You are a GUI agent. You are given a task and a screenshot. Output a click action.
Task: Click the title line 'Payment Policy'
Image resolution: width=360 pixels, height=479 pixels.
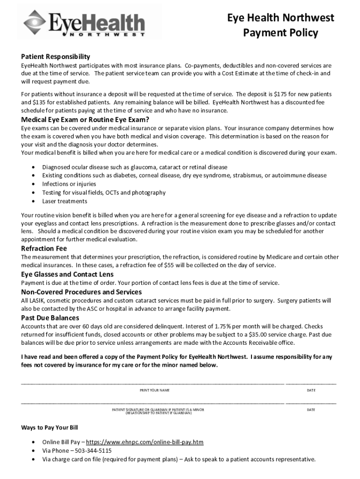pyautogui.click(x=281, y=33)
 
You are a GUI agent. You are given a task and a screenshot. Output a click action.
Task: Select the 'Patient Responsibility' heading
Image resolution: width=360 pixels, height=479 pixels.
pyautogui.click(x=55, y=56)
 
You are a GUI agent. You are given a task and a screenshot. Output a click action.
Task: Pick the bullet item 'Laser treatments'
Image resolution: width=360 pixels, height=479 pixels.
pyautogui.click(x=65, y=201)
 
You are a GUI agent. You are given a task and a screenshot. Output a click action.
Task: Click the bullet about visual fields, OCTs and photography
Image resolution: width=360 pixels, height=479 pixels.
pyautogui.click(x=104, y=193)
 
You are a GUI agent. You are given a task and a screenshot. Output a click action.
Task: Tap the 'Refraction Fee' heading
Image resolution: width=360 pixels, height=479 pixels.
pyautogui.click(x=44, y=248)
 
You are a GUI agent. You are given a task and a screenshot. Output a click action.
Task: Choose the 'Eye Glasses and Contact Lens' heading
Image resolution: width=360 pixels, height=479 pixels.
pyautogui.click(x=67, y=274)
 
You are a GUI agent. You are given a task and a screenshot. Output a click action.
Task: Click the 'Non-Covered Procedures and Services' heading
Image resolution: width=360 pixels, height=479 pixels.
pyautogui.click(x=81, y=292)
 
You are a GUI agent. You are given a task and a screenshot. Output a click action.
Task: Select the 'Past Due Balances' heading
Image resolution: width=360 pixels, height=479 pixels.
pyautogui.click(x=50, y=318)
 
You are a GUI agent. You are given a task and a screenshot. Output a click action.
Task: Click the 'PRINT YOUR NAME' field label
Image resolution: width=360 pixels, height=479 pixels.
pyautogui.click(x=155, y=390)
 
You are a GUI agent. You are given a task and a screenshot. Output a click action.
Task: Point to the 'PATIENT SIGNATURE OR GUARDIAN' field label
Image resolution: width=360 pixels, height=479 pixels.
pyautogui.click(x=158, y=410)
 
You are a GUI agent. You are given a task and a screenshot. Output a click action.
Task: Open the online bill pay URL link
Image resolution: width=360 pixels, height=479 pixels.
pyautogui.click(x=145, y=442)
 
